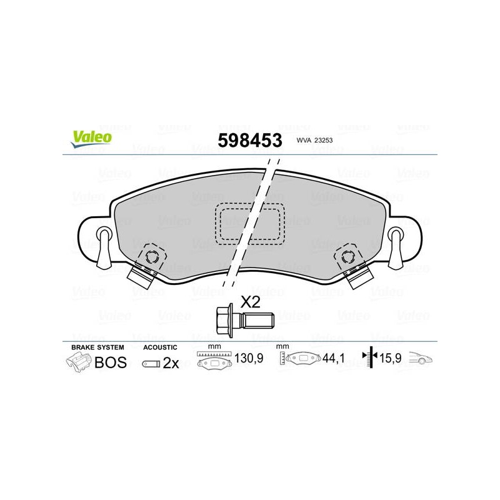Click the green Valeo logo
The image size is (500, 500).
point(91,139)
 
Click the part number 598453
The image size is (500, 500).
point(249,140)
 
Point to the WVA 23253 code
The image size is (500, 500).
point(314,140)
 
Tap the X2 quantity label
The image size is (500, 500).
point(251,302)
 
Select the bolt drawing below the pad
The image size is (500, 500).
point(244,320)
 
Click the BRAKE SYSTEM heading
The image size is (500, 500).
point(97,347)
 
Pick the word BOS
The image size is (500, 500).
point(111,362)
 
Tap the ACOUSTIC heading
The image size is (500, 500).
point(160,347)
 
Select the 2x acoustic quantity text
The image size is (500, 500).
point(171,363)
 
